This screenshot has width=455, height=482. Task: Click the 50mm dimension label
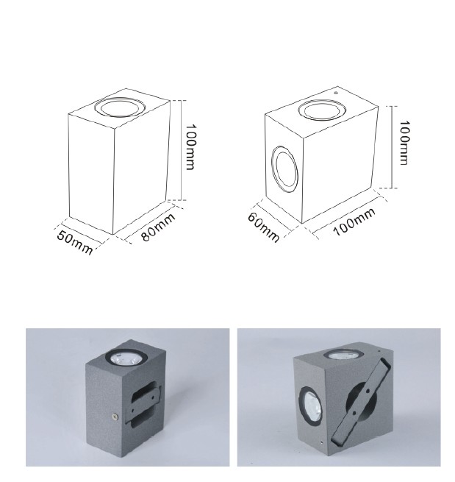(74, 242)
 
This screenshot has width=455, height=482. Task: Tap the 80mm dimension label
(159, 226)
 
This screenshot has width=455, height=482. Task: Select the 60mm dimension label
(263, 227)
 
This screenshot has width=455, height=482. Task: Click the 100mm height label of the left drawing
(190, 147)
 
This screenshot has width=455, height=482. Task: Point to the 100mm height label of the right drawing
(405, 143)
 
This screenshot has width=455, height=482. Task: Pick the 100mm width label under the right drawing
(354, 221)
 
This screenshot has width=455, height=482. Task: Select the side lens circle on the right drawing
(285, 169)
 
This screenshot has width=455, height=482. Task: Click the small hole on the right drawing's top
(336, 93)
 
